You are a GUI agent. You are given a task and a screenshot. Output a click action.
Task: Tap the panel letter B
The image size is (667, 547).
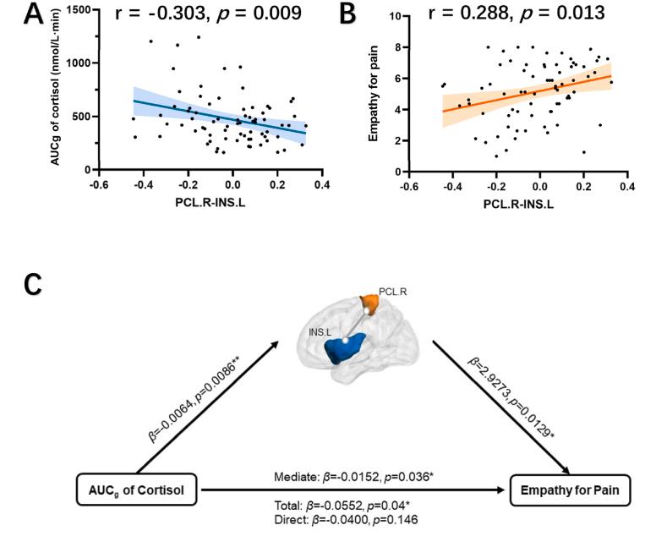(x=370, y=15)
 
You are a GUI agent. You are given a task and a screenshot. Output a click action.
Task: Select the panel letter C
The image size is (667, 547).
(x=30, y=284)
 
